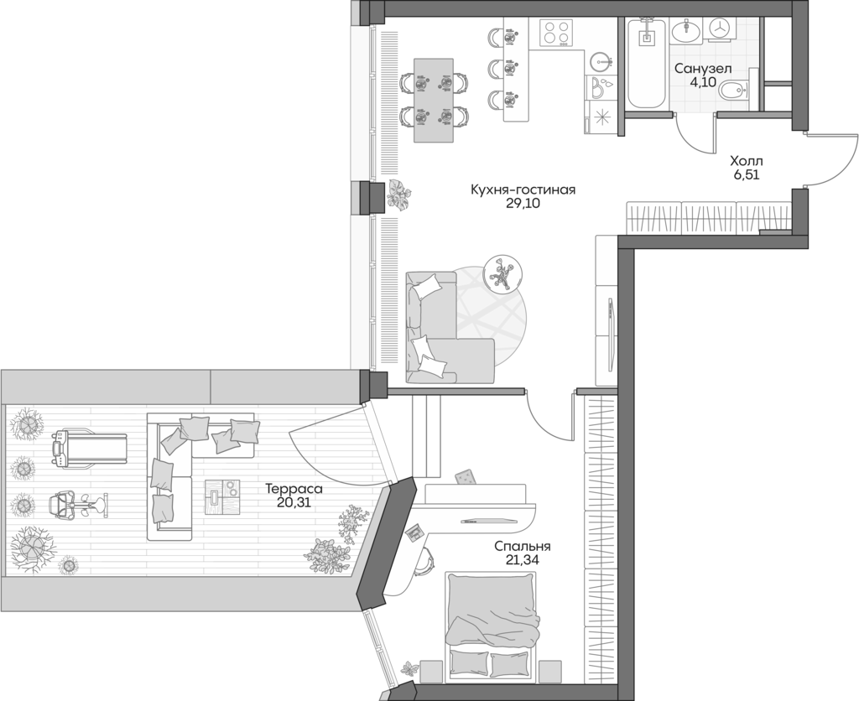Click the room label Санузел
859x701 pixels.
coord(704,68)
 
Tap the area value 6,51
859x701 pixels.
coord(746,175)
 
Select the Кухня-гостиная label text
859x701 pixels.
coord(523,190)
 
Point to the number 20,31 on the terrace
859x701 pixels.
coord(294,502)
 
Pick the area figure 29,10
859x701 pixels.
coord(523,205)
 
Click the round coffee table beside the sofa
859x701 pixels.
coord(503,273)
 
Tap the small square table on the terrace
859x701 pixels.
coord(221,496)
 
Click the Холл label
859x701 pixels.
coord(746,160)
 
